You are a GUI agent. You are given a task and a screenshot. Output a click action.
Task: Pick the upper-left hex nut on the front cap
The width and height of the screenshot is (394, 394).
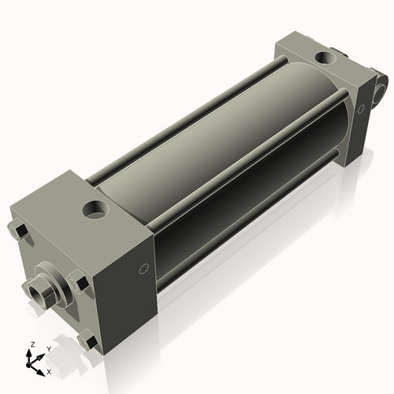click(x=22, y=230)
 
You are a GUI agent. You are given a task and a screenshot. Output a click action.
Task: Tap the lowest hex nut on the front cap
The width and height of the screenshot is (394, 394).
click(x=89, y=342)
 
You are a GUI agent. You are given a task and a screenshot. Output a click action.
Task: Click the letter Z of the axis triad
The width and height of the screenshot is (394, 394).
click(x=32, y=345)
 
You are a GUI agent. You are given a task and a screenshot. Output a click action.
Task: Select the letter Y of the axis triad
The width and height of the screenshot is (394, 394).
click(x=48, y=348)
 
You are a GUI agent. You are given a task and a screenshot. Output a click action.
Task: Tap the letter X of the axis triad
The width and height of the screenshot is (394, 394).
click(x=50, y=370)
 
